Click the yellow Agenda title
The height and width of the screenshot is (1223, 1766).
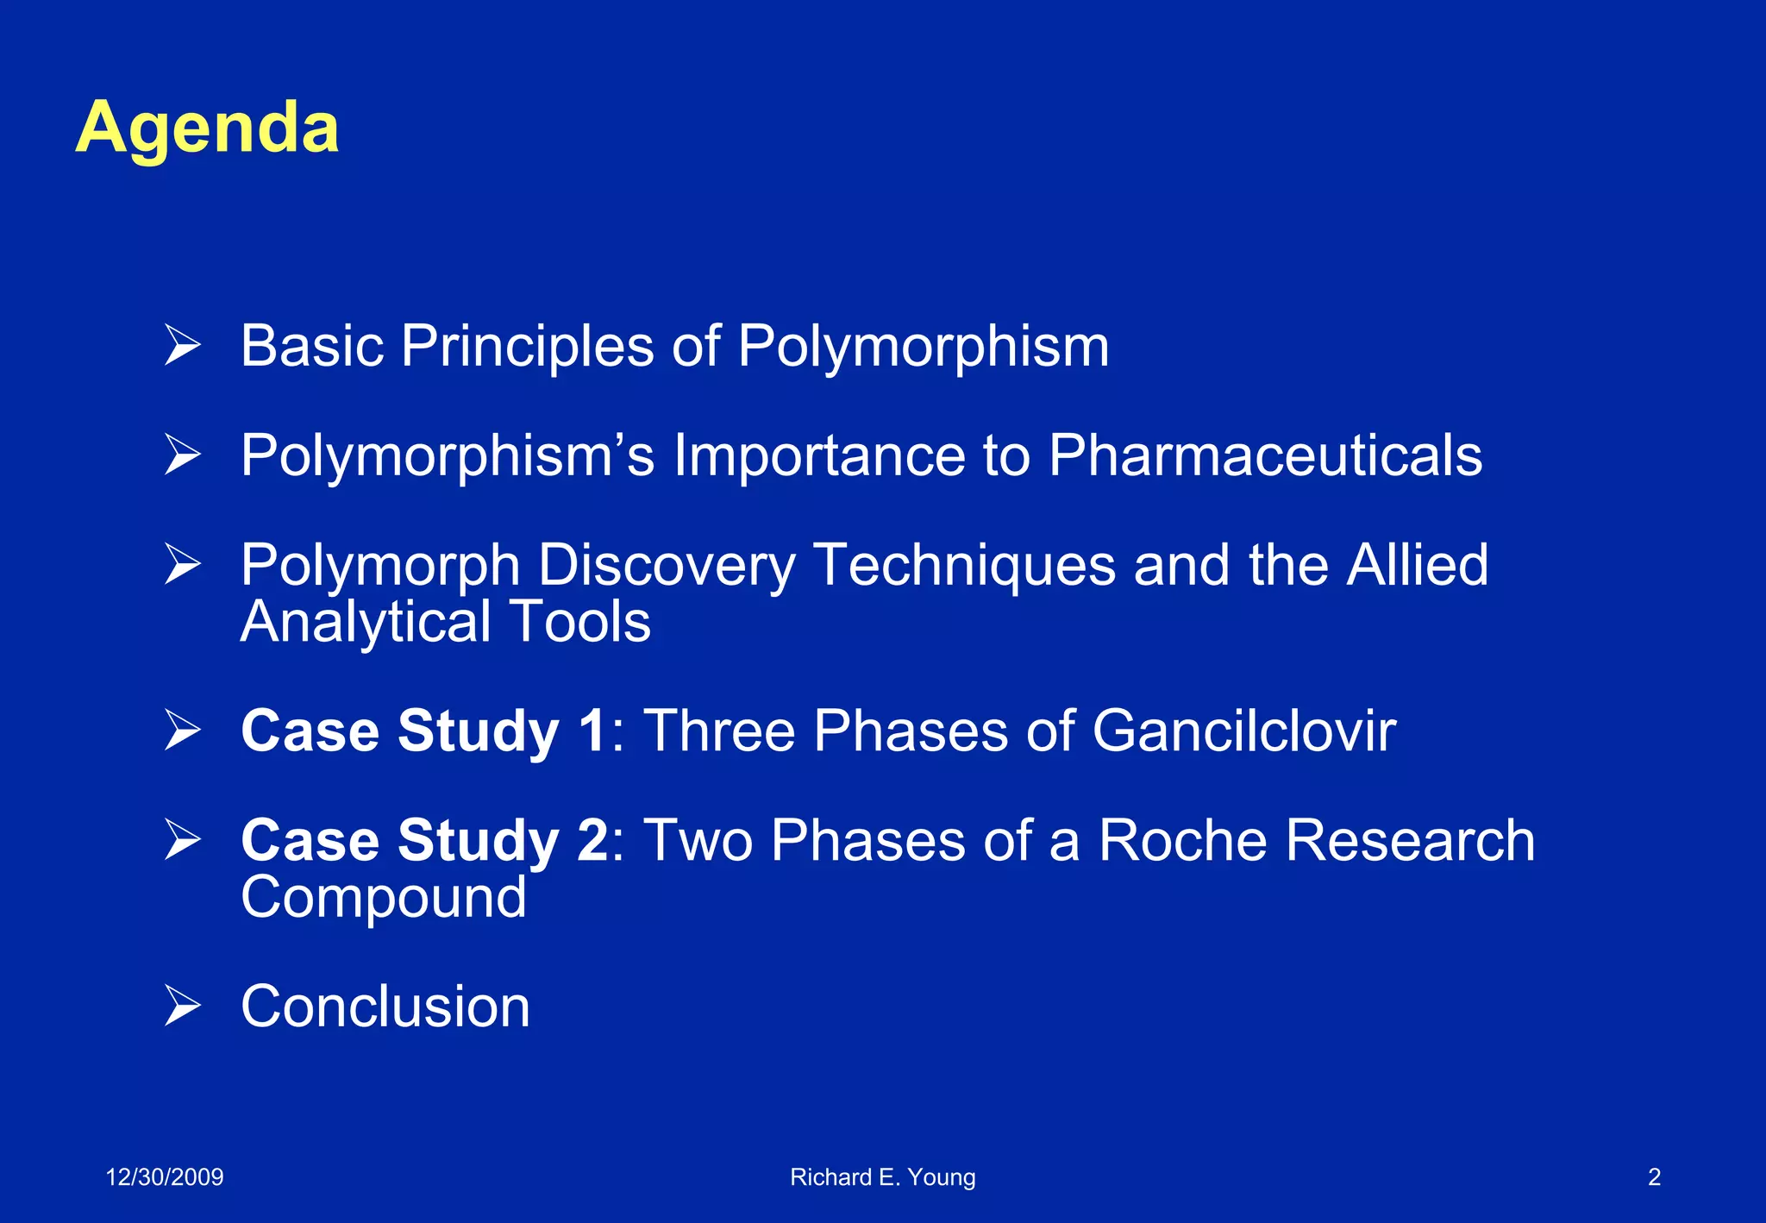(207, 128)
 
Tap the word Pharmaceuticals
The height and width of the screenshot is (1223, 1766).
(1265, 455)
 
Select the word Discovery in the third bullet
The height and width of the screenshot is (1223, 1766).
(667, 566)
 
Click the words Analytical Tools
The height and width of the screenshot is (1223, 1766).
(445, 622)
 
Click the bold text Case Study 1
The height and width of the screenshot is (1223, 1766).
(424, 731)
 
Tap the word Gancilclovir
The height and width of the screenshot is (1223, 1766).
(1243, 731)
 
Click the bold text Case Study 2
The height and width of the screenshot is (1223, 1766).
(424, 841)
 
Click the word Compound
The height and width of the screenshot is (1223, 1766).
(384, 898)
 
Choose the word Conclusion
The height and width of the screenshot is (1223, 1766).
(385, 1007)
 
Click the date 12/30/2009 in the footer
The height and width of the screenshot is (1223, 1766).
(164, 1177)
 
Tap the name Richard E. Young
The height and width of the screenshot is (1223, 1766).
(882, 1177)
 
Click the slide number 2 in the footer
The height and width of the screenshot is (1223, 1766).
(1654, 1177)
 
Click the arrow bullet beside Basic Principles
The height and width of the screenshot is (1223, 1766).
(182, 346)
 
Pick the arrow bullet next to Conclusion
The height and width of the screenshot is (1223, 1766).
(182, 1007)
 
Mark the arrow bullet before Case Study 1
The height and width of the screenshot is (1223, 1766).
(182, 731)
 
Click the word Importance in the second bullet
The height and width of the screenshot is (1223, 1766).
(818, 455)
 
